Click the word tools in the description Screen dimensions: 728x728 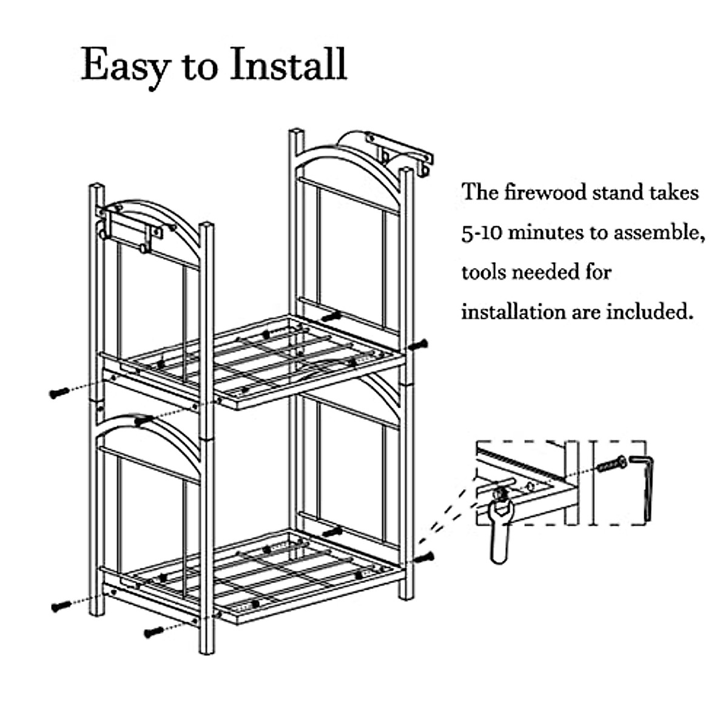click(x=483, y=272)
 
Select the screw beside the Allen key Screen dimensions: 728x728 click(x=612, y=465)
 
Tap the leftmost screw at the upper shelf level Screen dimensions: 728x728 click(x=59, y=393)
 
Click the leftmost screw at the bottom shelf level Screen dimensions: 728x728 click(x=61, y=605)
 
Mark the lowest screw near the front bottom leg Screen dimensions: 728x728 click(x=153, y=632)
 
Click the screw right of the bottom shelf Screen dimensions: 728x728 click(x=424, y=556)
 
